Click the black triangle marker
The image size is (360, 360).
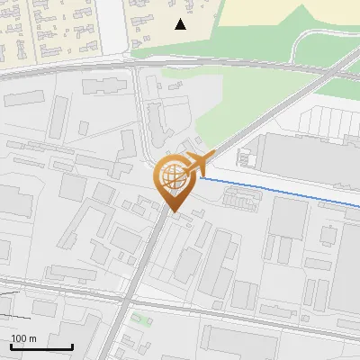(181, 24)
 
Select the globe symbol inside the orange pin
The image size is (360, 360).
(171, 175)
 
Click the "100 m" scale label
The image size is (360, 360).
(23, 338)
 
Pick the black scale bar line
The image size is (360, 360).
(41, 347)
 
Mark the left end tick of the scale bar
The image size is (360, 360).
(11, 346)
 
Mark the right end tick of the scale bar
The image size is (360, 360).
(72, 346)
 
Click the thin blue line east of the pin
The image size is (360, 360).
(279, 190)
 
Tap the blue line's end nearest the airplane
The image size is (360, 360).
(202, 178)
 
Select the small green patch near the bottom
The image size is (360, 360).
(137, 318)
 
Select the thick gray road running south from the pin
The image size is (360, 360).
(144, 270)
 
